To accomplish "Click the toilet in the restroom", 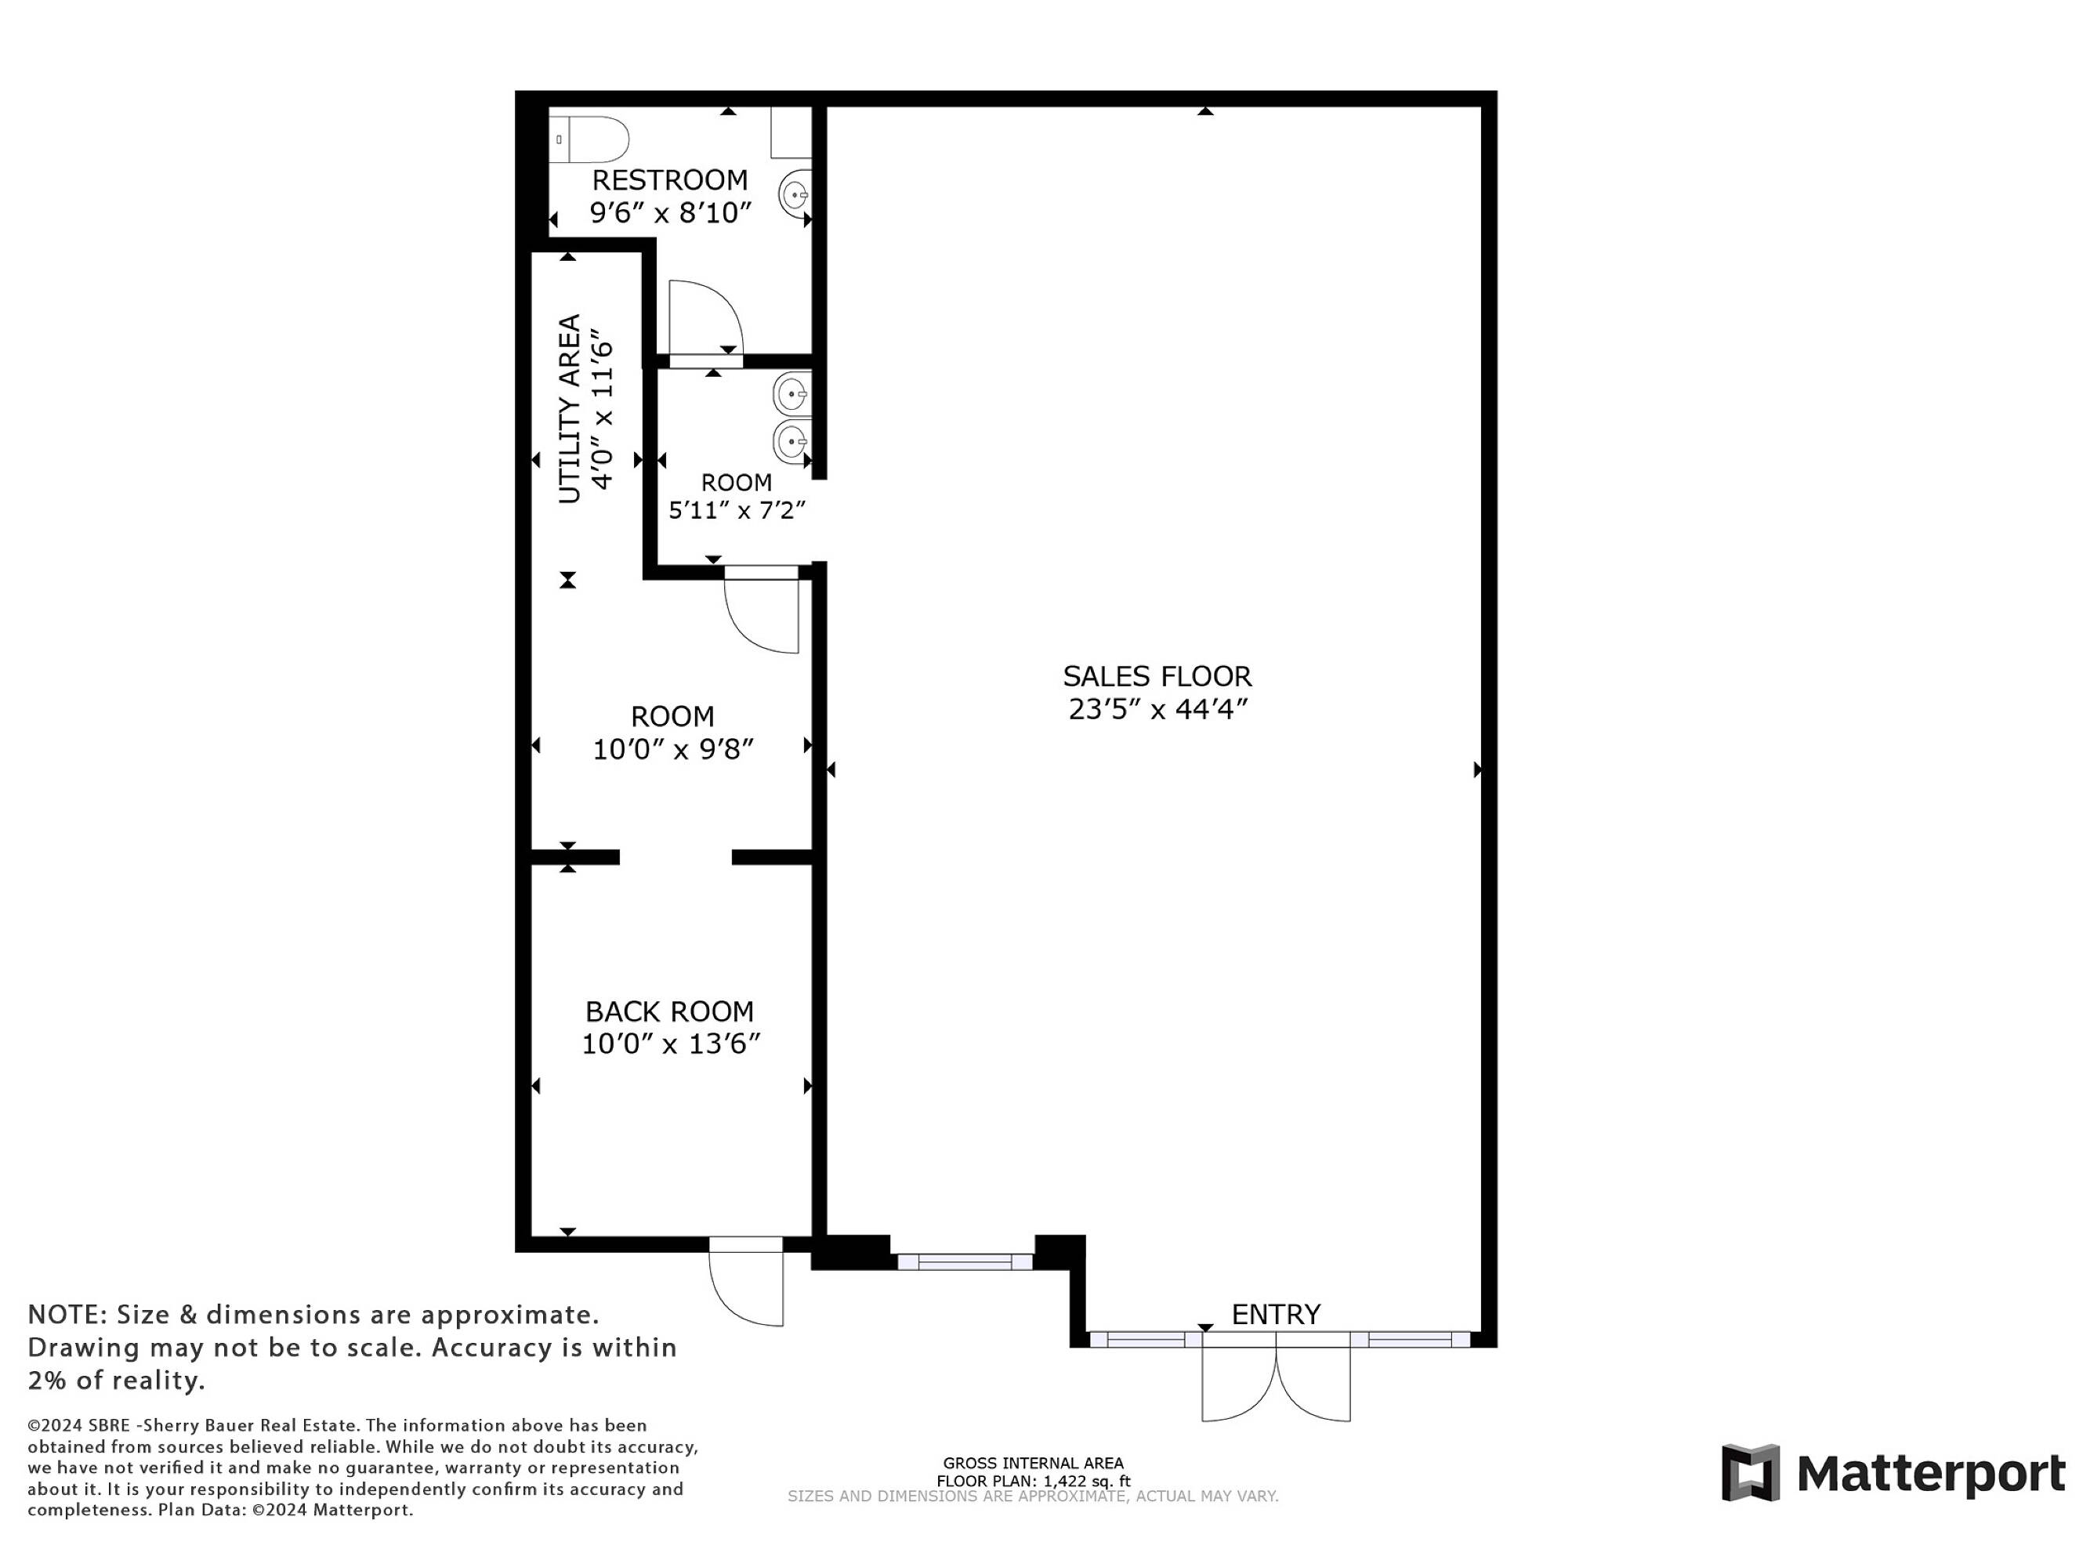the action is point(589,139).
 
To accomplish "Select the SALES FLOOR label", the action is point(1157,676).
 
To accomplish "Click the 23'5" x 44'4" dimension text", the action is point(1158,709).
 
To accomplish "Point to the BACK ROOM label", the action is point(670,1011).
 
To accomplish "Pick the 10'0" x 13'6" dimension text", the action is point(671,1044).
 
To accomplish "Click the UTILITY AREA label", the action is point(569,409).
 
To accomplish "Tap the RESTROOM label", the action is point(670,179).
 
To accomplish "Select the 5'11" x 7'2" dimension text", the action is point(737,511).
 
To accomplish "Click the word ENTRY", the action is point(1276,1314).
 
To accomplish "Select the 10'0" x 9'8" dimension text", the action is point(672,749).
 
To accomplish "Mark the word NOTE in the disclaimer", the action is point(66,1315).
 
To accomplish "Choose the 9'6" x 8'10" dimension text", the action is point(671,212).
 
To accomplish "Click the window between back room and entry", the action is point(965,1261).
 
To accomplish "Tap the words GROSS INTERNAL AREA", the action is point(1034,1463).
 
